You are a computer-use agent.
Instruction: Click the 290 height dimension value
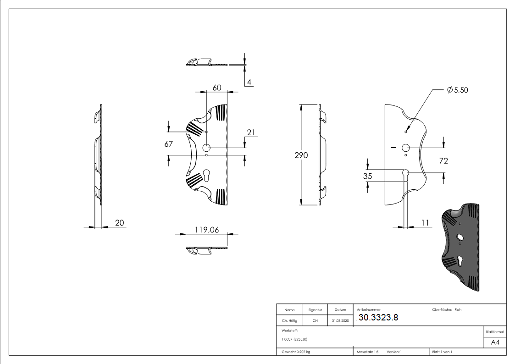click(301, 155)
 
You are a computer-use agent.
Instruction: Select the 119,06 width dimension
click(207, 230)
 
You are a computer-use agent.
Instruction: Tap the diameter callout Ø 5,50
click(457, 90)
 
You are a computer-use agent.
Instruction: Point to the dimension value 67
click(168, 144)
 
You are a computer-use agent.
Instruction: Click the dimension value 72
click(443, 160)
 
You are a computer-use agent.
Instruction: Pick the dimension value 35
click(367, 176)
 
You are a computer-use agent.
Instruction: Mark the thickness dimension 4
click(249, 82)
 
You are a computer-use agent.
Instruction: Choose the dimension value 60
click(217, 87)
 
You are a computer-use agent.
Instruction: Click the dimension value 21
click(251, 132)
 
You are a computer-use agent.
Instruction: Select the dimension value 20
click(119, 223)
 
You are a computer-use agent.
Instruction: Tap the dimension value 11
click(425, 222)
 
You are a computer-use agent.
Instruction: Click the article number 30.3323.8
click(378, 318)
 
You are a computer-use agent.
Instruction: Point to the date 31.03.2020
click(340, 321)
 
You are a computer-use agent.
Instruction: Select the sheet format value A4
click(495, 342)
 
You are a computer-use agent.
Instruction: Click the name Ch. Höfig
click(289, 321)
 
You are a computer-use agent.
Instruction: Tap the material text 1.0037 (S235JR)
click(294, 339)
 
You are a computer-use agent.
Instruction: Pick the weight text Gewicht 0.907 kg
click(296, 352)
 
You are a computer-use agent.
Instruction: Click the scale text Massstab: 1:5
click(368, 352)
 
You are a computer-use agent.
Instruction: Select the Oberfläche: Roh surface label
click(446, 309)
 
